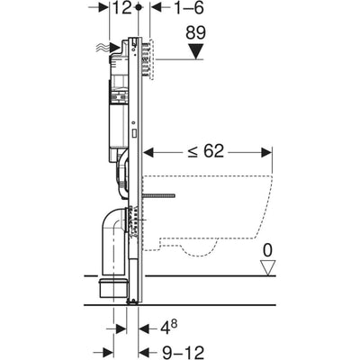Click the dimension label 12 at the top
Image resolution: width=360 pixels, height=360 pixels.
(x=122, y=10)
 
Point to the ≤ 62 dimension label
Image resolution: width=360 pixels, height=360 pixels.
(x=208, y=150)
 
